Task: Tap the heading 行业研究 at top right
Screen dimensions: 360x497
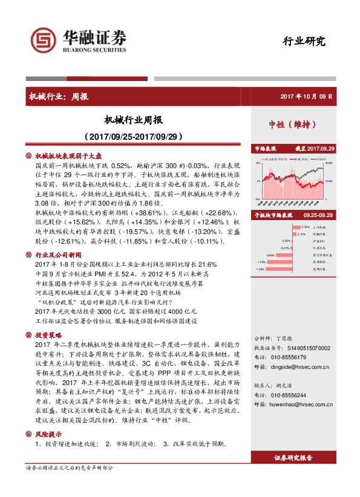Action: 304,42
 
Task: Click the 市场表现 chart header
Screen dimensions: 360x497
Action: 265,148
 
